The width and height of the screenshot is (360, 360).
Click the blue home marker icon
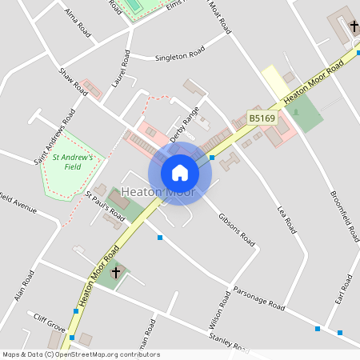(x=180, y=173)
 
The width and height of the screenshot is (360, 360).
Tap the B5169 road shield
(x=261, y=118)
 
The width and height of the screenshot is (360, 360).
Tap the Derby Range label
(x=184, y=125)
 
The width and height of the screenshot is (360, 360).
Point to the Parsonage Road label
(x=258, y=299)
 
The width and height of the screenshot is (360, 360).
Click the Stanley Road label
(x=229, y=342)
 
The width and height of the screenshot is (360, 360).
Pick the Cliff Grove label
(x=49, y=322)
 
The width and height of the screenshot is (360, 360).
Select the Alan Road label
(x=24, y=286)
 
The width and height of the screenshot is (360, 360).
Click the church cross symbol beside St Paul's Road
(x=115, y=273)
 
